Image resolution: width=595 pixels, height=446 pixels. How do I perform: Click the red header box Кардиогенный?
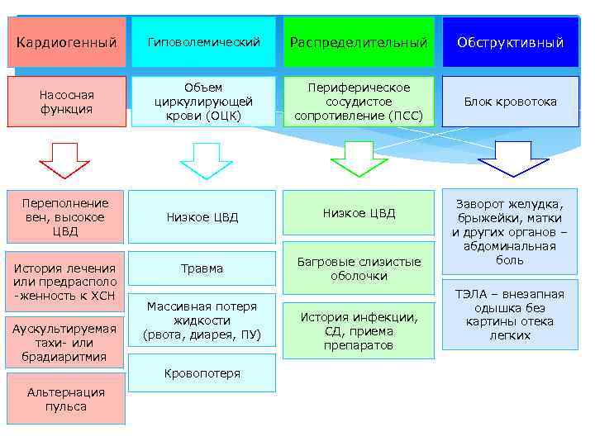click(x=67, y=42)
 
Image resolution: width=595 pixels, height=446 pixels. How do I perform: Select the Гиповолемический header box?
click(x=203, y=42)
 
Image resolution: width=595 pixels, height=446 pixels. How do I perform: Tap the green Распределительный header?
click(x=359, y=42)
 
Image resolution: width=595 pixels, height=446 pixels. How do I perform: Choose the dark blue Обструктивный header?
click(x=510, y=42)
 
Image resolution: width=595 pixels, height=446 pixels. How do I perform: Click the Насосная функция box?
click(x=67, y=102)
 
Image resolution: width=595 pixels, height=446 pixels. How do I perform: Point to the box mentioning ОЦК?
click(x=203, y=102)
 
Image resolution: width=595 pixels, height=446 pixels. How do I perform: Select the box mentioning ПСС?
click(x=359, y=102)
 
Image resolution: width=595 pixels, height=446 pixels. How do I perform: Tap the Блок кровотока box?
click(x=510, y=102)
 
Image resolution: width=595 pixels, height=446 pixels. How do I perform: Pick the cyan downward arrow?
click(x=206, y=159)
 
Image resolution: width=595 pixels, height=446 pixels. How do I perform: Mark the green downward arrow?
click(x=359, y=158)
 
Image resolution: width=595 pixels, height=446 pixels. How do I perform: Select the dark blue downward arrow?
click(x=513, y=158)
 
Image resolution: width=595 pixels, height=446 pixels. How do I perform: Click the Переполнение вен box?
click(x=67, y=217)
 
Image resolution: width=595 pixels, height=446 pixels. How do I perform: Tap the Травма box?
click(x=203, y=268)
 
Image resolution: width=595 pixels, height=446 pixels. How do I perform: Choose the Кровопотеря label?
click(x=203, y=373)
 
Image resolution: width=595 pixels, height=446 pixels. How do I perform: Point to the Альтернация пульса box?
click(x=66, y=400)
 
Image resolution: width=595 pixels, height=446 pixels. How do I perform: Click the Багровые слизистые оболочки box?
click(x=359, y=268)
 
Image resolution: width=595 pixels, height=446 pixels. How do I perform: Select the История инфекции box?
click(x=359, y=330)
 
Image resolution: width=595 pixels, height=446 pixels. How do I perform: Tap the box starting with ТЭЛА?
click(x=510, y=315)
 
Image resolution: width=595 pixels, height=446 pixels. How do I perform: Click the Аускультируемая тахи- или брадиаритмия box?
click(x=66, y=343)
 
